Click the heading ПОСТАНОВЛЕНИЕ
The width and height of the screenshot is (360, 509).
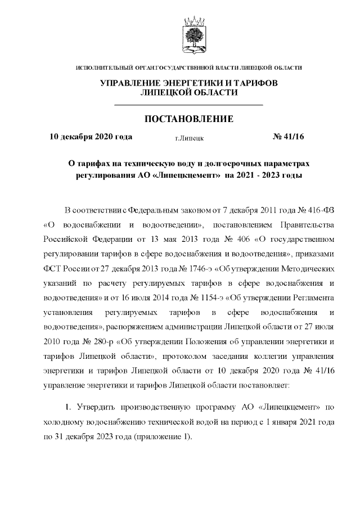188,119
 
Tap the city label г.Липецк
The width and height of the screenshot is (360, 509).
190,137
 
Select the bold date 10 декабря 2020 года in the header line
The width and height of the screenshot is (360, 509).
91,136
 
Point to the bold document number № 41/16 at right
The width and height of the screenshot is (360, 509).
288,136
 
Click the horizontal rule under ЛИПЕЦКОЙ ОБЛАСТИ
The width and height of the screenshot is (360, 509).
188,105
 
